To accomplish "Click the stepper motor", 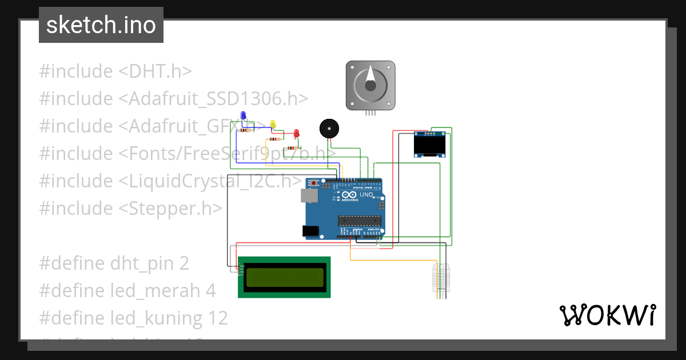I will coord(370,85).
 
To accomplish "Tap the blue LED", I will coord(244,116).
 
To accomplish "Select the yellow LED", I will coord(273,124).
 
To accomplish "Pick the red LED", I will coord(296,134).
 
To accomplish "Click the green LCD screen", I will coord(284,277).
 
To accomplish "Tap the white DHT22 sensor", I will coord(441,277).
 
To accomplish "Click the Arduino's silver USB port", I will coord(309,196).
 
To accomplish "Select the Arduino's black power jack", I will coord(310,231).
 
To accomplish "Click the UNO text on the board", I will coord(366,195).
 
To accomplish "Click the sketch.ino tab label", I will coord(101,25).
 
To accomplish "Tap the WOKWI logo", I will coord(607,315).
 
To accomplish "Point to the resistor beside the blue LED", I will coord(246,130).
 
